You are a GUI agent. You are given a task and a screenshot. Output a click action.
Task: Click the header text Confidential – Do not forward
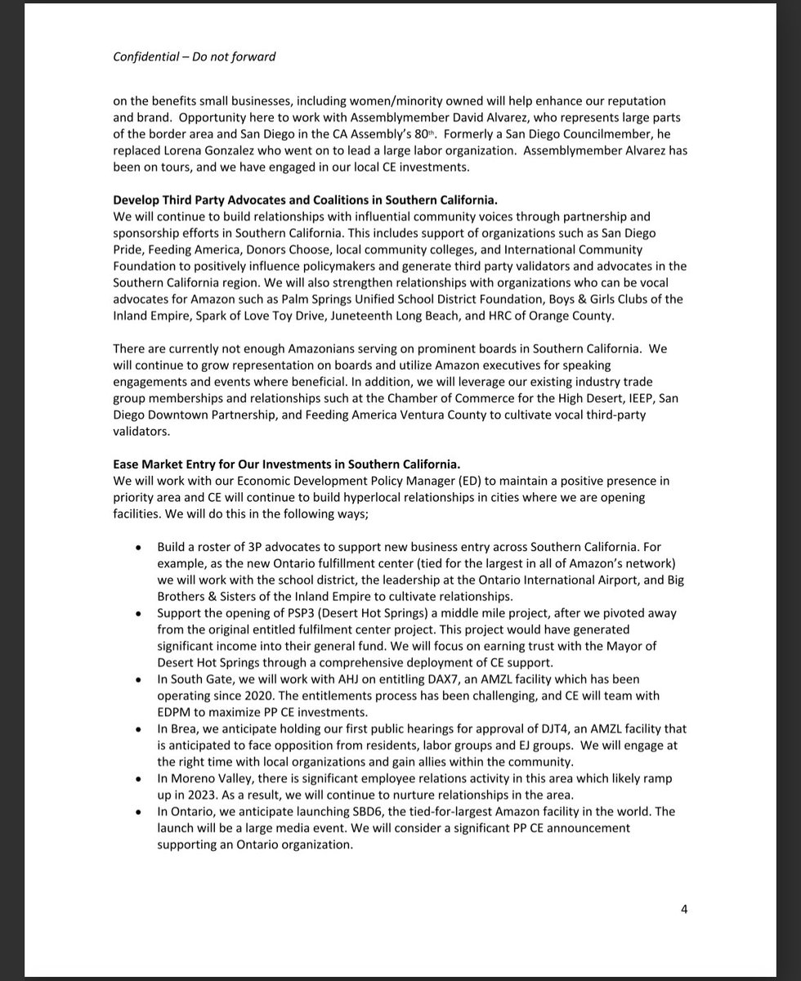pos(195,56)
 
